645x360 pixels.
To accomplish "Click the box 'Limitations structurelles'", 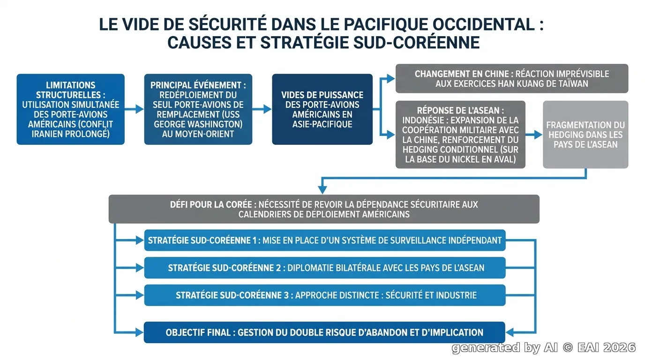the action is (70, 109).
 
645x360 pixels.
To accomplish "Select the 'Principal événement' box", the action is (198, 109).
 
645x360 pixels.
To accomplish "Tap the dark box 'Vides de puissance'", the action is (322, 109).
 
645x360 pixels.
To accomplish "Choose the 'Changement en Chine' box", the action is (512, 78).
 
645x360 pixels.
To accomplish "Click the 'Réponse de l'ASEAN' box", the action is (460, 135).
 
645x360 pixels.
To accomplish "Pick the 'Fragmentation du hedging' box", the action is (585, 135).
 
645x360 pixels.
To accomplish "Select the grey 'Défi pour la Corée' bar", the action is (324, 209).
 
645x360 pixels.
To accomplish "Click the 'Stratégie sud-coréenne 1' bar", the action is (325, 240).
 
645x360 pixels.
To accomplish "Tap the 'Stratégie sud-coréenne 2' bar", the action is (325, 268).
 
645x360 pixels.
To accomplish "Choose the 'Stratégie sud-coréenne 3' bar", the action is (325, 295).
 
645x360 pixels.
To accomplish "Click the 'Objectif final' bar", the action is (324, 332).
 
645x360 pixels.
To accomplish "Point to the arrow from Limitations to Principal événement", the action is (134, 109).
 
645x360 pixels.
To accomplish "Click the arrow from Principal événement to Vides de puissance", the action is (262, 109).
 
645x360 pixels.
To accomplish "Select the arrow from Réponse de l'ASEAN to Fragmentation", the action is (534, 135).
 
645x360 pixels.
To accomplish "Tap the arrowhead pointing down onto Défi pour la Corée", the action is (322, 190).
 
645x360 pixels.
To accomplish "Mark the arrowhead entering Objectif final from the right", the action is (510, 332).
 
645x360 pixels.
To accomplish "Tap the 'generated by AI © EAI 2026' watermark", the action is (544, 348).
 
